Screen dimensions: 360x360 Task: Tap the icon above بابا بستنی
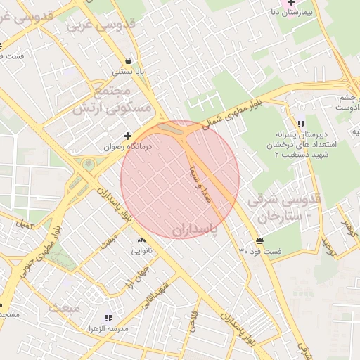tap(127, 60)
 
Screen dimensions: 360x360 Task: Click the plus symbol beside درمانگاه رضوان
tap(127, 136)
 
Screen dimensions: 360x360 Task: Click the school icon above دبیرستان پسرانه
tap(302, 124)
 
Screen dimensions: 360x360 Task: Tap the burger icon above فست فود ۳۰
tap(260, 240)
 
